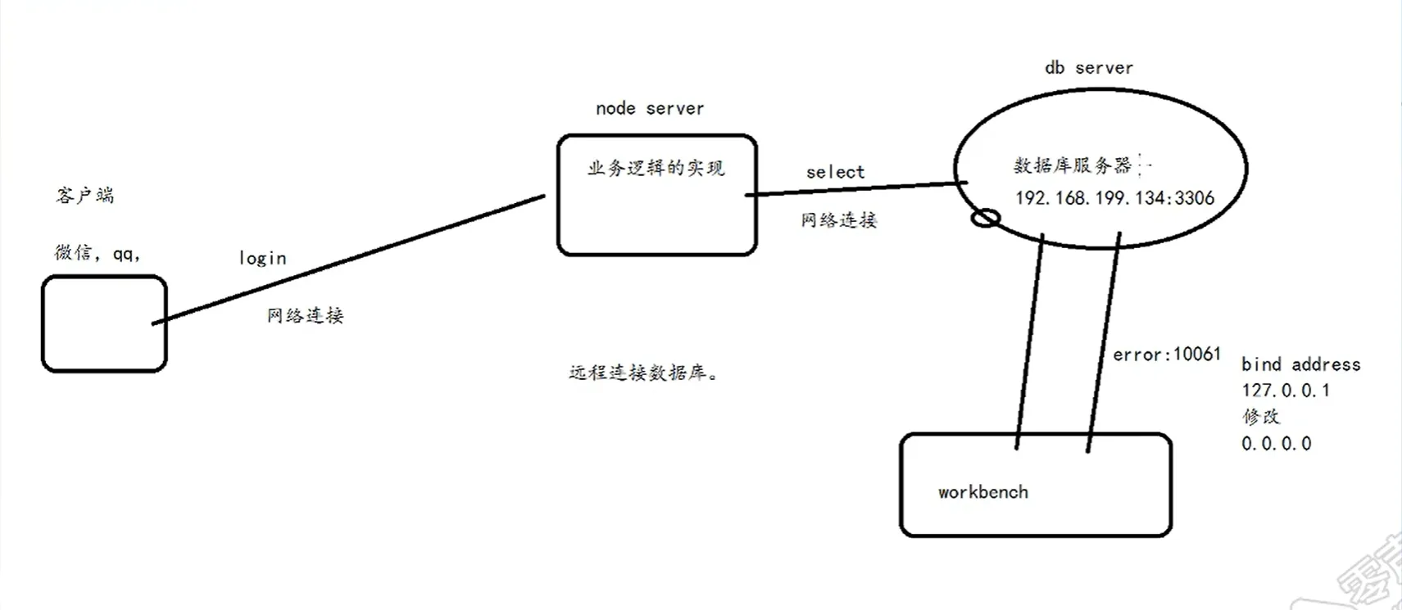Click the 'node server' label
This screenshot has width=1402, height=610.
[649, 108]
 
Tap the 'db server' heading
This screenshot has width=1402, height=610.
[1088, 68]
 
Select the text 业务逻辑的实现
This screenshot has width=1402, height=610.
[656, 169]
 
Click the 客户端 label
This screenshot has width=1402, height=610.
[85, 196]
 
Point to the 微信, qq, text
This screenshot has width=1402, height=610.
[98, 253]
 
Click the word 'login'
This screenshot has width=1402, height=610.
[262, 259]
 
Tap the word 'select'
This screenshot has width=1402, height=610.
[835, 172]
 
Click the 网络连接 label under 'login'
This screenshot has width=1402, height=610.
[305, 316]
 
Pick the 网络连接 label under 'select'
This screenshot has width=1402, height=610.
[838, 220]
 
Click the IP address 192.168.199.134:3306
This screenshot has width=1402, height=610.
[1114, 198]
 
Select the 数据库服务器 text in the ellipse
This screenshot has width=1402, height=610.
[1072, 165]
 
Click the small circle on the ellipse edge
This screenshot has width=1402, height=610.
[985, 219]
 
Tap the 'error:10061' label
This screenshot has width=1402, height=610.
[1166, 355]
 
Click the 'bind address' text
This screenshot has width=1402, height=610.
[1300, 364]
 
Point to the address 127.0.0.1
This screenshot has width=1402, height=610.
[1285, 391]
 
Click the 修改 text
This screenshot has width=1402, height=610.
[1260, 417]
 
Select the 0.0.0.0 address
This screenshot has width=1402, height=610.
[1276, 444]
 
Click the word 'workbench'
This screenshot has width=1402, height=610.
[982, 492]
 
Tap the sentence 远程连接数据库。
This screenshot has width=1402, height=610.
[643, 373]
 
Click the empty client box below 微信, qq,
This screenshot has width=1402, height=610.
[104, 323]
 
